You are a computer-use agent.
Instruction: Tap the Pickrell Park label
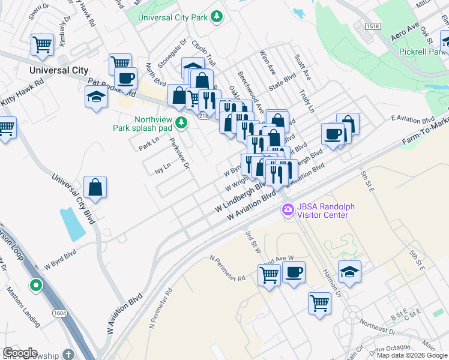tap(422, 52)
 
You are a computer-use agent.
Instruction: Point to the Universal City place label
tap(59, 70)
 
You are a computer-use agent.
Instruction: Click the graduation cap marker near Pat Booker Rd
tap(96, 97)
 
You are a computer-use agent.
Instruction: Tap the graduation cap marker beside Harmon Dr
tap(349, 271)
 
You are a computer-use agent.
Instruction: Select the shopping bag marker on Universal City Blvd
tap(95, 187)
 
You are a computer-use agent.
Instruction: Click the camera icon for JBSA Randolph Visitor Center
tap(288, 211)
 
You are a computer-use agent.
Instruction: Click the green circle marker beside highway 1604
tap(36, 284)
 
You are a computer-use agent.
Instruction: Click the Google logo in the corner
tap(20, 353)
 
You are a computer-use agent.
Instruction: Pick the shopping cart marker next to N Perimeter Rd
tap(269, 275)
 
